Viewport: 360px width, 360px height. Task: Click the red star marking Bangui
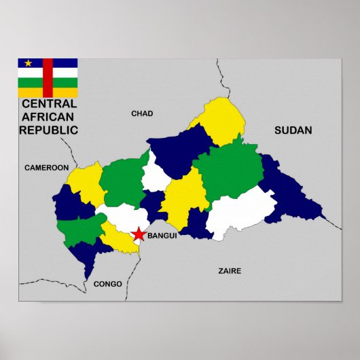click(139, 234)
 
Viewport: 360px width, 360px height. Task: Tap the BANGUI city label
click(162, 236)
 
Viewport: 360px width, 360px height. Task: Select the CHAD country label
click(142, 113)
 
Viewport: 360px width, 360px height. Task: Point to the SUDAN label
click(293, 130)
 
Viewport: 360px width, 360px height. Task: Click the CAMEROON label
click(47, 167)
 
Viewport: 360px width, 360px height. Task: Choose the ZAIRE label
click(230, 270)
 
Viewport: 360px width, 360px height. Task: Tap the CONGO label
click(108, 284)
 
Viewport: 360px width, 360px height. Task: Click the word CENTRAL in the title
click(49, 104)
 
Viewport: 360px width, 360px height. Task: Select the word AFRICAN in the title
click(48, 117)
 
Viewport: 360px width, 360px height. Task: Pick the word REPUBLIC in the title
click(48, 130)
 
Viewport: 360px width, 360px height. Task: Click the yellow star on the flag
click(28, 64)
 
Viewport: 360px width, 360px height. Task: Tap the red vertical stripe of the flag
click(48, 77)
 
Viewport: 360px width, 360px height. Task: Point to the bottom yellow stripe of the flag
click(48, 92)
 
